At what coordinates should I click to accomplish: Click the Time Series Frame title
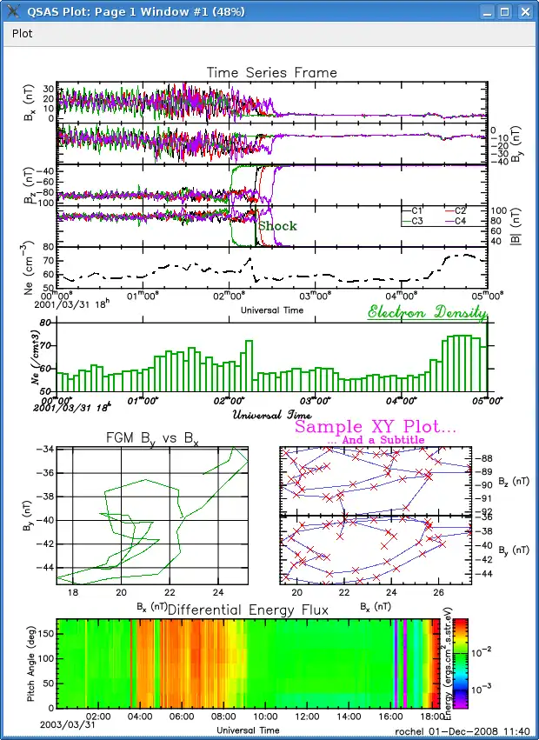270,72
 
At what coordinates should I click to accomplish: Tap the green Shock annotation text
277,226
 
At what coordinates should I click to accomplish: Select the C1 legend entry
416,210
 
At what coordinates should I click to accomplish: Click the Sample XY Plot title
376,428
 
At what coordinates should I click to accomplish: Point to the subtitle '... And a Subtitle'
376,441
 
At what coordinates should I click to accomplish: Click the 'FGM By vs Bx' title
152,438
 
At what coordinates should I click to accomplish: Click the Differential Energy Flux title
248,610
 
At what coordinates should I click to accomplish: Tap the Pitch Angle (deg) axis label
30,661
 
